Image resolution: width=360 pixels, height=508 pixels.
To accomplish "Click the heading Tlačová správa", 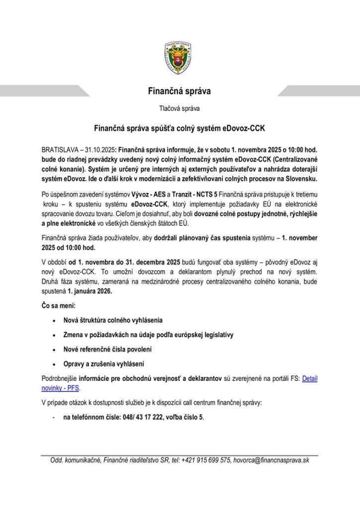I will coord(180,108).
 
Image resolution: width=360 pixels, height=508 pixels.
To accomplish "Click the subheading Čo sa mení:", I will coord(59,306).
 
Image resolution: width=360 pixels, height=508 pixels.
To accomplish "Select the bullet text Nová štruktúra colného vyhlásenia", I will coord(113,320).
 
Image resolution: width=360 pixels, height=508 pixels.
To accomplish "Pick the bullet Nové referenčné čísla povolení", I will coord(107,349).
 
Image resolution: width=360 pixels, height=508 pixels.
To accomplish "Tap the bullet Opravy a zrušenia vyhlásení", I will coord(103,364).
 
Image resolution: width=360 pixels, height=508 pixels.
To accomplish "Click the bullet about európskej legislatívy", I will coord(148,335).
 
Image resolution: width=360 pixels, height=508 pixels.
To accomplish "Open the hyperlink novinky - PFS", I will coord(60,388).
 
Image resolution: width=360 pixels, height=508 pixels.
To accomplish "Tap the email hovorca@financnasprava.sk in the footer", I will coord(271,460).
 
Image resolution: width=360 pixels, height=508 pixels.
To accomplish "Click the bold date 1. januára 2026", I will coord(90,291).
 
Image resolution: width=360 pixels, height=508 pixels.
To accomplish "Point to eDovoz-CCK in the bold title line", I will coord(246,128).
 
